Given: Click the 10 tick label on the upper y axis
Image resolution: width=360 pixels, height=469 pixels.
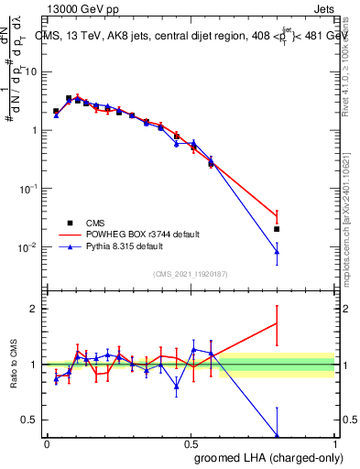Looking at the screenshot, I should [x=32, y=71].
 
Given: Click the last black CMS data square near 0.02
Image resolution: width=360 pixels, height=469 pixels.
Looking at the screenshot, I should [x=277, y=229].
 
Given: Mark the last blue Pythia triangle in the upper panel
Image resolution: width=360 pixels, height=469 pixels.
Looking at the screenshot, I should [x=277, y=251].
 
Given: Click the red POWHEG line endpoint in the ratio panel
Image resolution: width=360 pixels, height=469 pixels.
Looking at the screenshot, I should [x=277, y=322].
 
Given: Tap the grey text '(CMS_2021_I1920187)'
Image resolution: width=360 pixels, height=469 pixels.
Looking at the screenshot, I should [x=191, y=273].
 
